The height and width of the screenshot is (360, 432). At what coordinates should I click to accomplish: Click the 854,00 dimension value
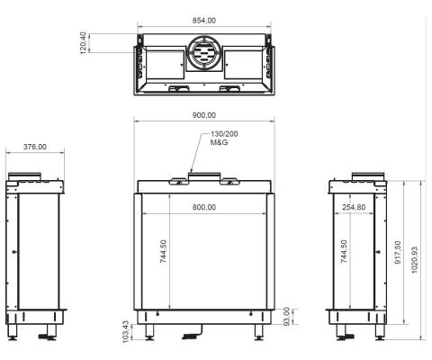point(203,21)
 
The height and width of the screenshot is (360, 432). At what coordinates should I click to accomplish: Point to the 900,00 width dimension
point(203,114)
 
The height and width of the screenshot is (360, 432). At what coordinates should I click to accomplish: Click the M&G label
point(219,143)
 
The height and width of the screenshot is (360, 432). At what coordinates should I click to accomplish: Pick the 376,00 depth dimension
point(36,148)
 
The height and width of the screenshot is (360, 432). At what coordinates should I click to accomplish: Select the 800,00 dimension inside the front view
point(204,208)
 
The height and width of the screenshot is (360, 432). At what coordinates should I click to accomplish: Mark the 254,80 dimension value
point(353,208)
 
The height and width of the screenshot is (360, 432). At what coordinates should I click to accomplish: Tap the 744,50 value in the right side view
point(346,255)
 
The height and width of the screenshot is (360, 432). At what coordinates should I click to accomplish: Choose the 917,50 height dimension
point(399,255)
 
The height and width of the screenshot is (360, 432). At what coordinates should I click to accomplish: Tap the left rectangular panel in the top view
point(161,65)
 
